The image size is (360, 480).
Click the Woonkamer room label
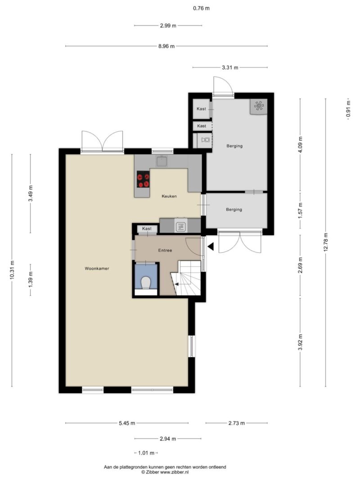click(97, 269)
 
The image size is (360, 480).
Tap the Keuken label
click(169, 196)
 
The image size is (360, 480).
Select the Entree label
click(165, 250)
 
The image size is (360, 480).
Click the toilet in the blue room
click(146, 283)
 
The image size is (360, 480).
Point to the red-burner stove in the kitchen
click(143, 179)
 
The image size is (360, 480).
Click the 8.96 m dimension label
click(166, 46)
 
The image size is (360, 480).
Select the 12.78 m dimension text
click(325, 242)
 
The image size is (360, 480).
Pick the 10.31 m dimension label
click(12, 270)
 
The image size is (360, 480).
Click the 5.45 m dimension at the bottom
click(127, 423)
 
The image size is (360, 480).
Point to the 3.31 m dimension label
click(230, 67)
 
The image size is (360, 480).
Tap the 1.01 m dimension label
click(146, 453)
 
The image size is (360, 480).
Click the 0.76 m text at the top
click(201, 8)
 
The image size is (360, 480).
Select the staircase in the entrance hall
click(186, 278)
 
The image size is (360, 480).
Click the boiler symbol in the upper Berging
click(259, 106)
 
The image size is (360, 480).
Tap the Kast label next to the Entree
click(147, 229)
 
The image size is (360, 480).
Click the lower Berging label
click(234, 209)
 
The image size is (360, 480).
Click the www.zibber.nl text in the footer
click(175, 472)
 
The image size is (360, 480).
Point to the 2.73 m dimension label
click(237, 423)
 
